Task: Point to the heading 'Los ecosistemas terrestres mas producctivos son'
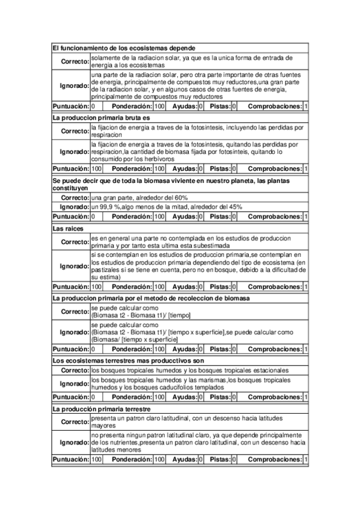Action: pos(129,360)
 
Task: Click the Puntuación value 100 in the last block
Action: pos(96,460)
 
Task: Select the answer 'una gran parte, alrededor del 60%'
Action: pos(139,197)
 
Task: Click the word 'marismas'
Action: pos(213,380)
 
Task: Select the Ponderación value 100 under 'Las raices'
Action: pos(159,286)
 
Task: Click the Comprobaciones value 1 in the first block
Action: pos(306,106)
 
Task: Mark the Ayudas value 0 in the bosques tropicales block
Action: pos(201,398)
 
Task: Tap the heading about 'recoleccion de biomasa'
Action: pos(151,298)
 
